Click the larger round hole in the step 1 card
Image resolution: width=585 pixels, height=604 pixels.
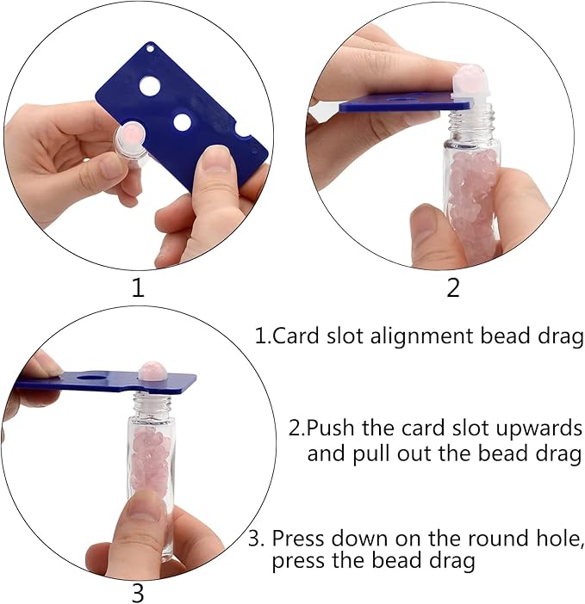point(150,86)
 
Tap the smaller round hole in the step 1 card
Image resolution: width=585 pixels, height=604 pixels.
point(182,122)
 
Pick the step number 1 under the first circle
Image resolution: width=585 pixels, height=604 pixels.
point(138,287)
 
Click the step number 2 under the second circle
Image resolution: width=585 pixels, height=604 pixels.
point(453,287)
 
